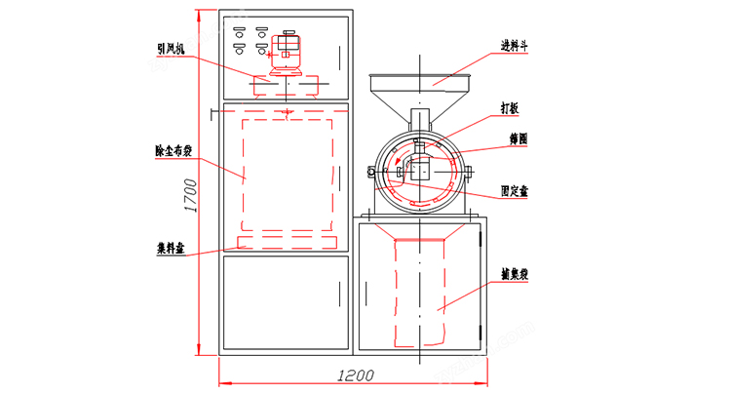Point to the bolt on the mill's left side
coord(371,173)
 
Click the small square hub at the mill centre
coord(421,171)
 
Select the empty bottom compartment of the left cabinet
coord(284,302)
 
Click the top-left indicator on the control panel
coord(238,31)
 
